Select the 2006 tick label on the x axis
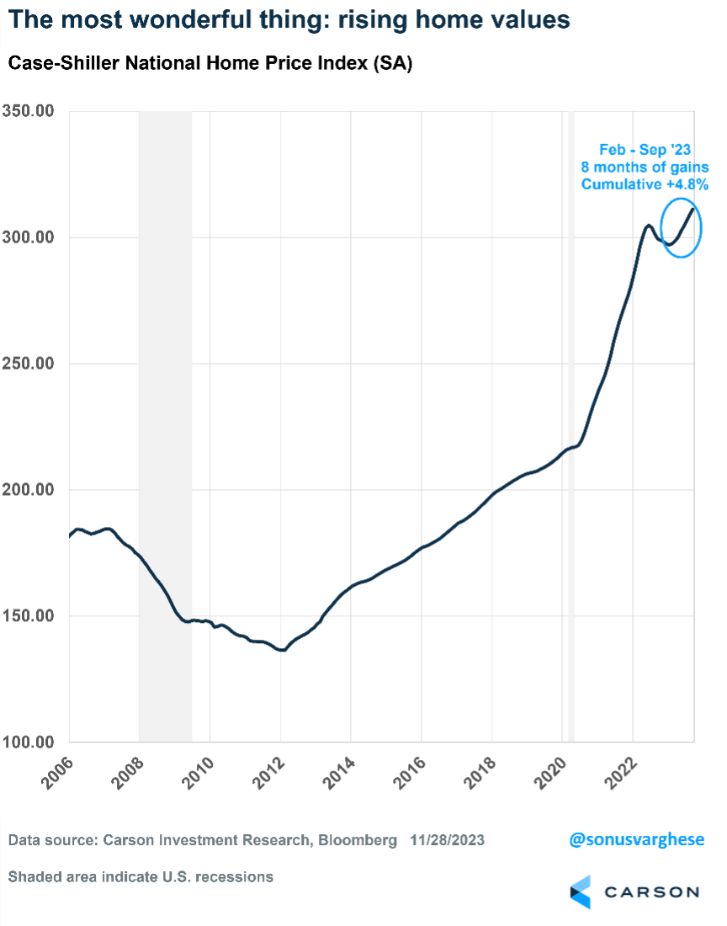point(57,774)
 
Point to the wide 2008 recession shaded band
point(165,421)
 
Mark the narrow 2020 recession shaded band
point(571,421)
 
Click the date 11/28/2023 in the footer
point(447,840)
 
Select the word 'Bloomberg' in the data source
point(356,840)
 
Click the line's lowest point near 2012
point(282,650)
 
